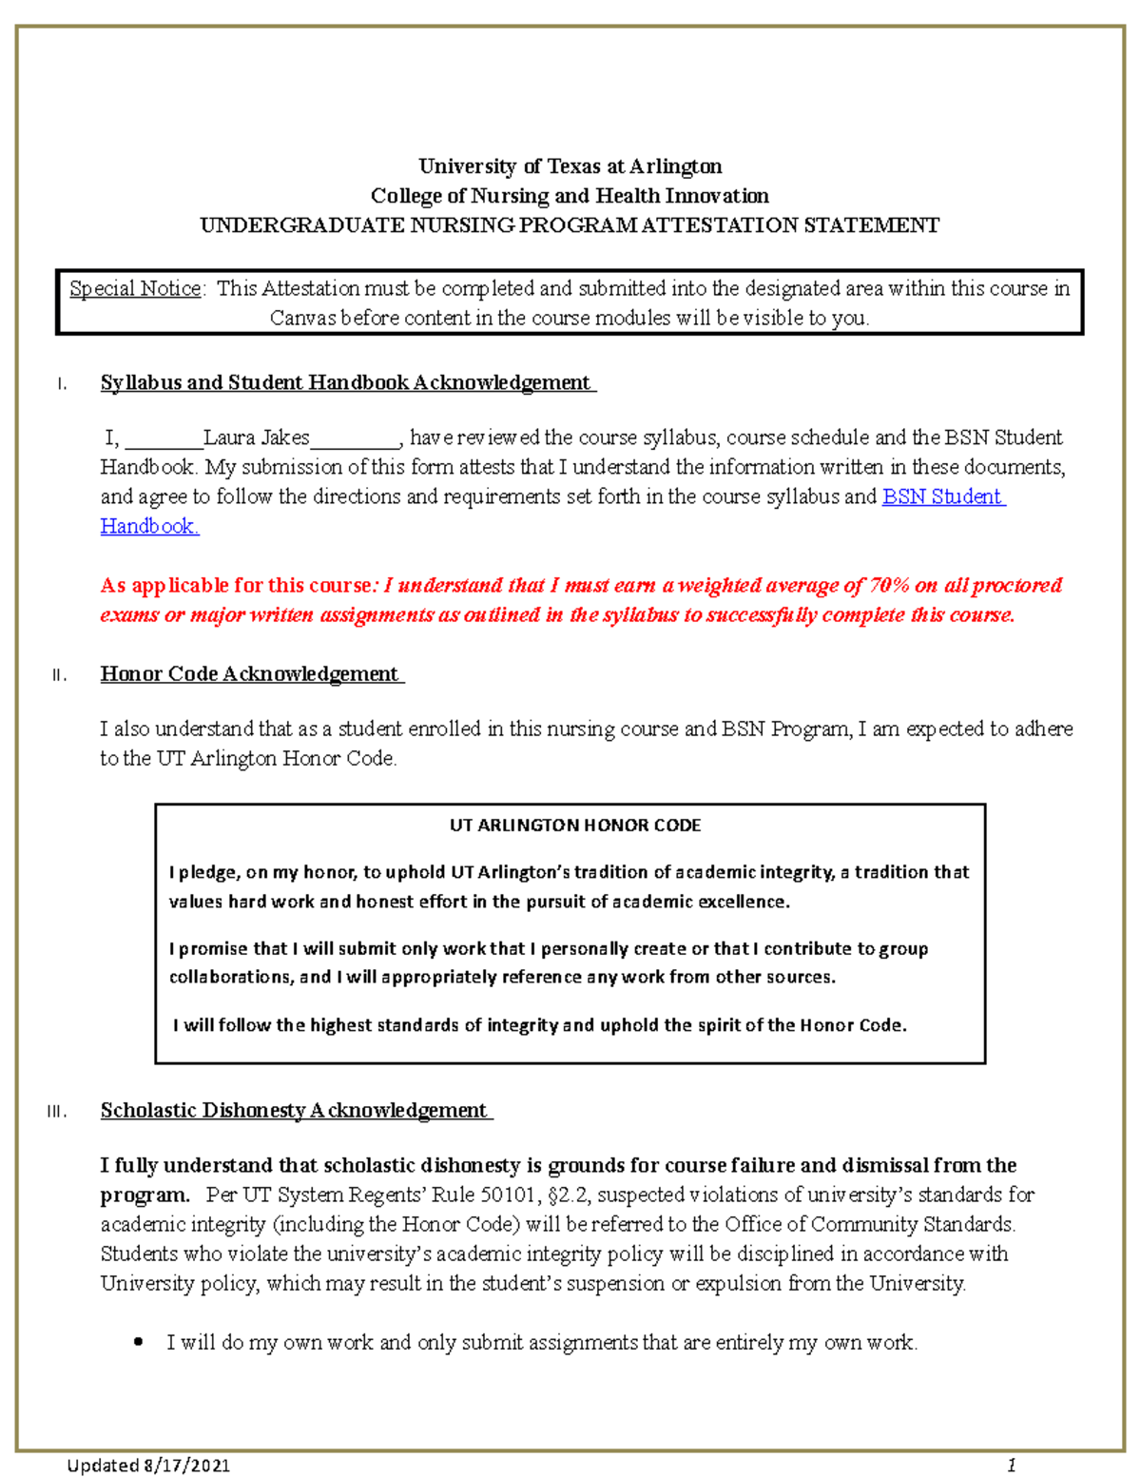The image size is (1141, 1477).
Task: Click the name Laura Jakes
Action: tap(256, 437)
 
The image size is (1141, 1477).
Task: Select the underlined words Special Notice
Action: tap(135, 288)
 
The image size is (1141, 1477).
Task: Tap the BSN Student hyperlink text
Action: tap(942, 496)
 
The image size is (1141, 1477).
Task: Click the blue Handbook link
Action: tap(148, 526)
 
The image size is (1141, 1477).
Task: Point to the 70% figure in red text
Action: tap(890, 585)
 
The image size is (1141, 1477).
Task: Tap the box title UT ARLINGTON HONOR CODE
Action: tap(574, 826)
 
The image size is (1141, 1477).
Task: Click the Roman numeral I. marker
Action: tap(62, 384)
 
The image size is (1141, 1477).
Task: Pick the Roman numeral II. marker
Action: tap(59, 675)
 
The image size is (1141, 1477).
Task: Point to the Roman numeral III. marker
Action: tap(57, 1112)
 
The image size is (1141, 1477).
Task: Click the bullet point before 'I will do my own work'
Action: tap(139, 1343)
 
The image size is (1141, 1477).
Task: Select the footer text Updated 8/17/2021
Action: tap(148, 1465)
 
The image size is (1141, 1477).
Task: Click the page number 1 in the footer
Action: tap(1013, 1464)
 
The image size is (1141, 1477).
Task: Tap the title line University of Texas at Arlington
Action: tap(570, 166)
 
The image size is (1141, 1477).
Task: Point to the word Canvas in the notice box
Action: tap(302, 318)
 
